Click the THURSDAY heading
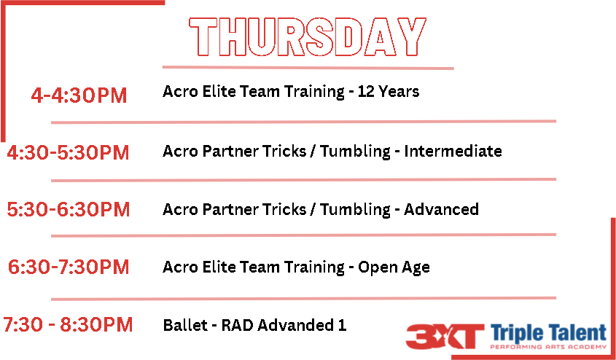coord(308,36)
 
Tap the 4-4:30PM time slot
coord(79,95)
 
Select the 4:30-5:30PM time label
coord(68,153)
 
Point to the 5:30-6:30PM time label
coord(69,209)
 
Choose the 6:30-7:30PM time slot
coord(69,267)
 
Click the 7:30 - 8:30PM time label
coord(68,325)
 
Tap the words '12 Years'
coord(389,92)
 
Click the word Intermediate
coord(453,151)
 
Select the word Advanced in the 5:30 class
coord(441,209)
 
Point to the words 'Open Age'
coord(394,267)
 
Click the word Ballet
coord(185,325)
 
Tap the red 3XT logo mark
coord(445,337)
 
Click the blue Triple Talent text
coord(549,333)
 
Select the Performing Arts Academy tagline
coord(549,347)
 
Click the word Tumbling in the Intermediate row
coord(355,152)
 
